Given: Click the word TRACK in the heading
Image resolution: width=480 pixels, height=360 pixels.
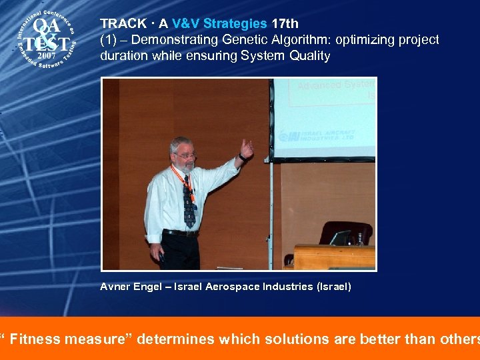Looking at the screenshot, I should click(x=123, y=23).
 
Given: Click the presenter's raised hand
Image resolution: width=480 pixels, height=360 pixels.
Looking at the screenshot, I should click(x=247, y=147).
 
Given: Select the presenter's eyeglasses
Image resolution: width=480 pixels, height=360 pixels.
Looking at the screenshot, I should click(x=185, y=155).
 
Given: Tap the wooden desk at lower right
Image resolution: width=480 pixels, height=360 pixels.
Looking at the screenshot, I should click(x=333, y=256).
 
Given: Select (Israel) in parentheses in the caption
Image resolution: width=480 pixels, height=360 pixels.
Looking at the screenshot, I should click(x=333, y=287).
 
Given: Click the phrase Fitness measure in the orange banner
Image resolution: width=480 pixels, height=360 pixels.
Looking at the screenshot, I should click(x=67, y=339).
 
